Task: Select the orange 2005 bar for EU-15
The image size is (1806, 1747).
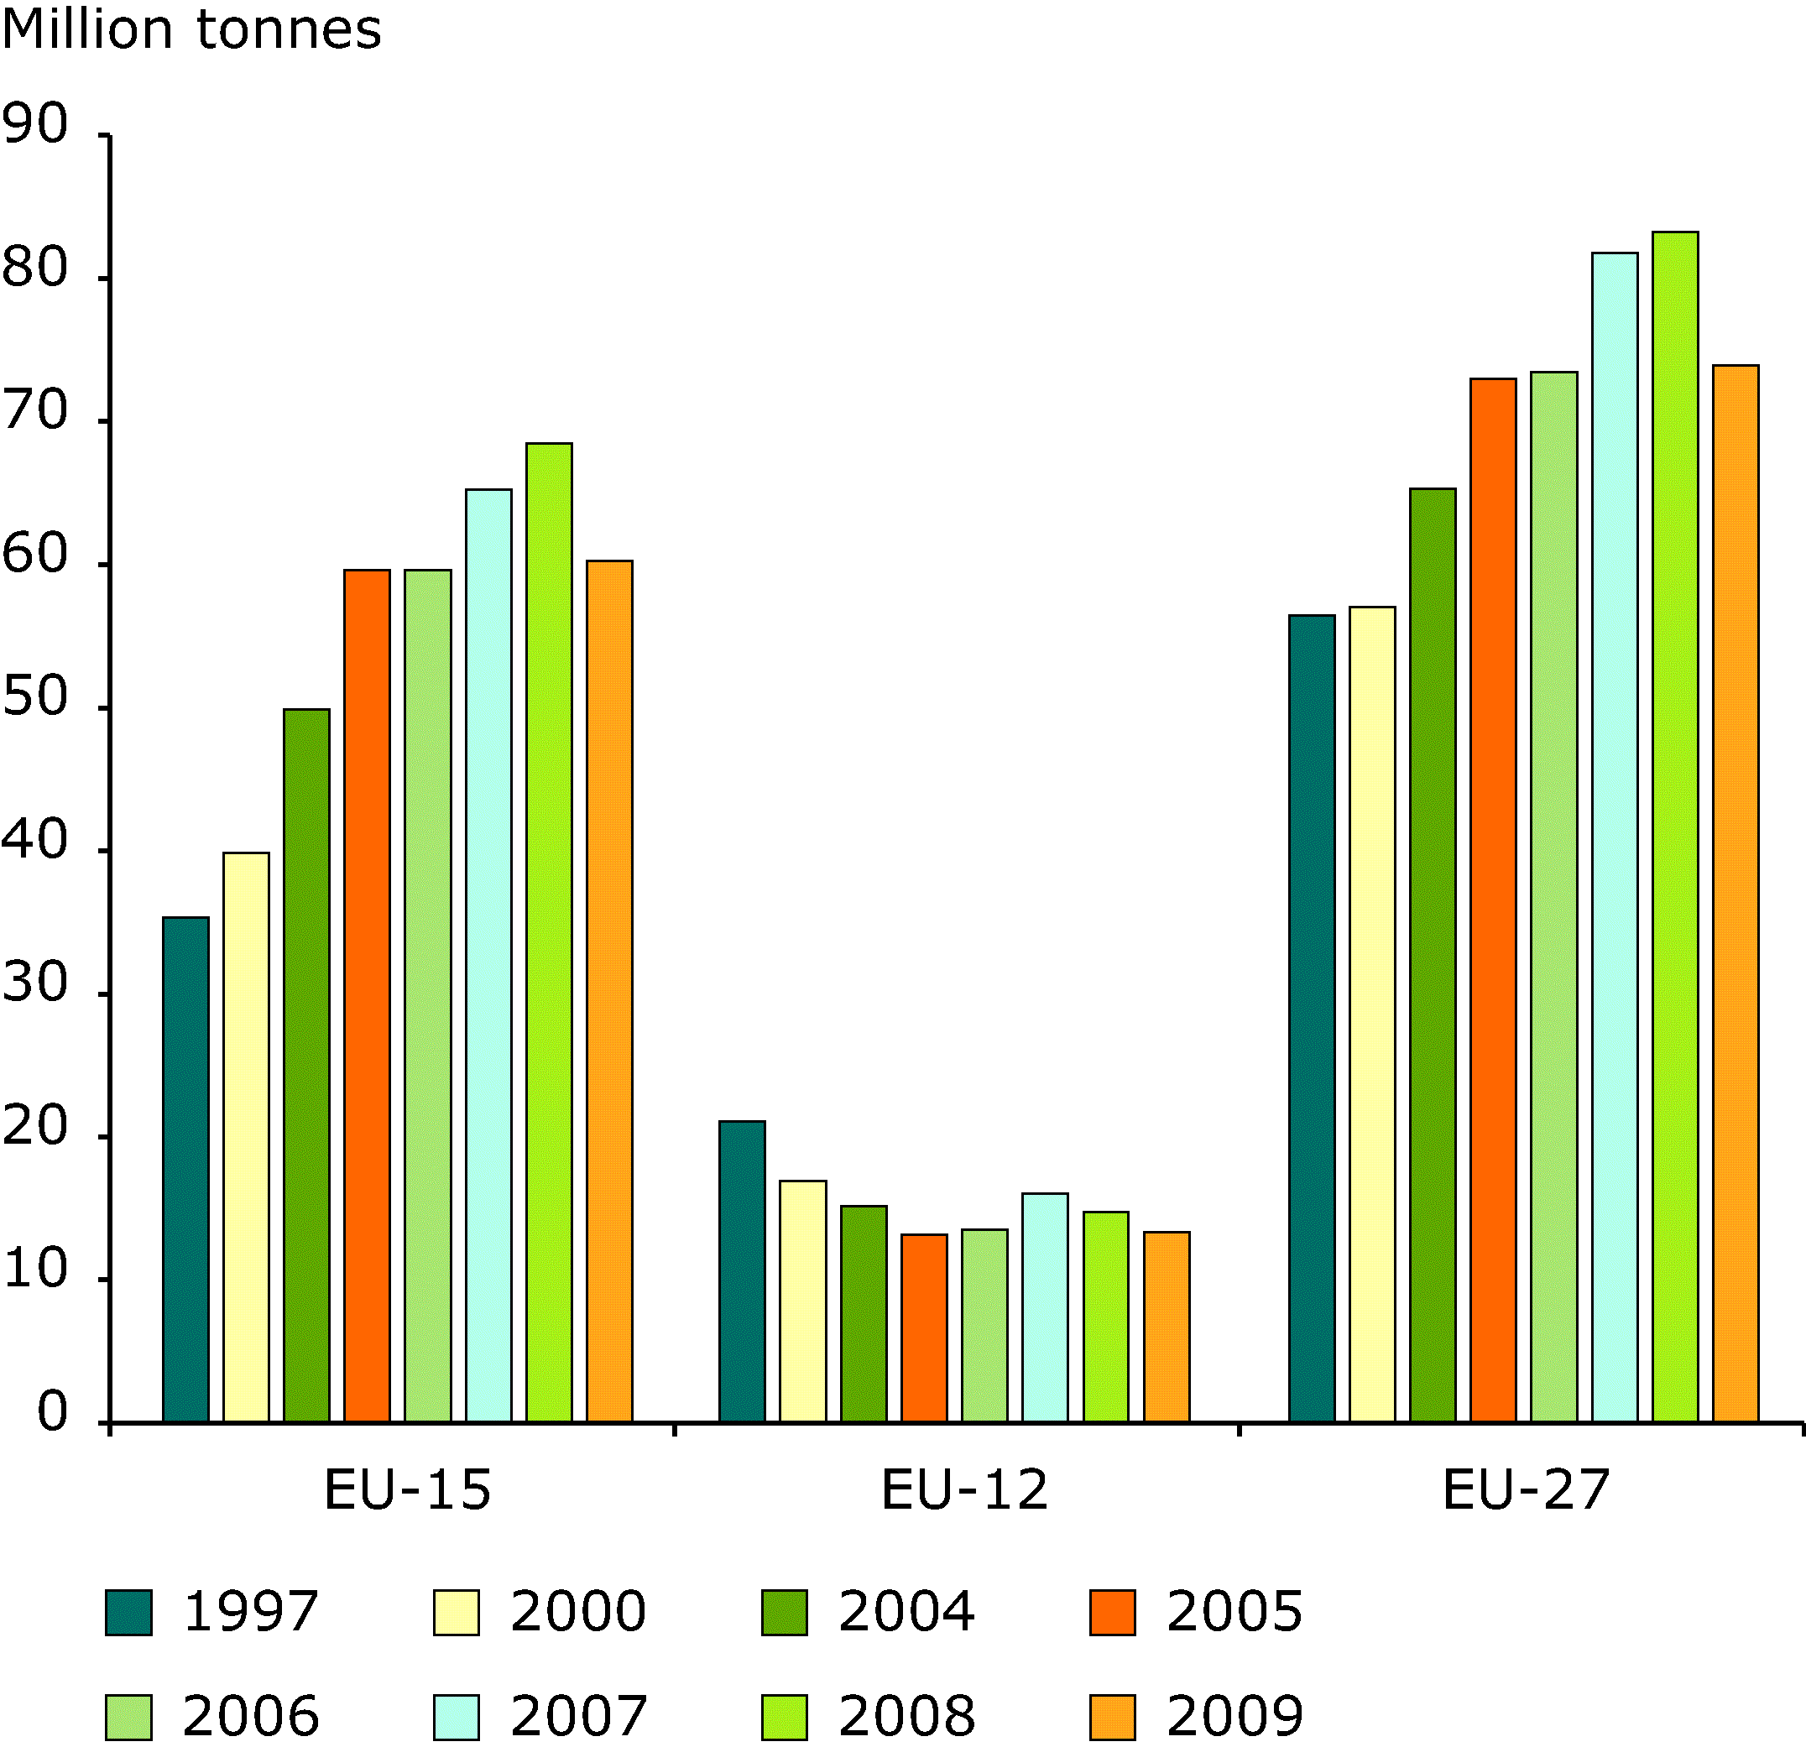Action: (367, 995)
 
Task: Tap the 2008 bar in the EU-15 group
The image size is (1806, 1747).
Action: (548, 931)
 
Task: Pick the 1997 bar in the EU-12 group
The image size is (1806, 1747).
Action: (742, 1270)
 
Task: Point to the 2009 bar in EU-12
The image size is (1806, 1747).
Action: (1167, 1326)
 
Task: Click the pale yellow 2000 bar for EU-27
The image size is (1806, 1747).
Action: (1372, 1014)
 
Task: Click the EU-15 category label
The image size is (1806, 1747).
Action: (407, 1489)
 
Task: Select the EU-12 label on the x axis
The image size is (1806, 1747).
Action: (965, 1489)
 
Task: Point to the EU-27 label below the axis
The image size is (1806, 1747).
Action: (1526, 1489)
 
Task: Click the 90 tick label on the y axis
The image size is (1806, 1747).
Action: (35, 124)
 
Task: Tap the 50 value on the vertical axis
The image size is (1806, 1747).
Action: (35, 697)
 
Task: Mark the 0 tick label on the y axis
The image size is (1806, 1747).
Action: (51, 1411)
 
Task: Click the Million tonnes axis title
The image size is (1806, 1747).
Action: (191, 29)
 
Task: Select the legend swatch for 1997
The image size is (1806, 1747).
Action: (128, 1612)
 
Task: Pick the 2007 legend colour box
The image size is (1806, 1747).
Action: (456, 1716)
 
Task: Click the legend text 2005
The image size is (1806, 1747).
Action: (1234, 1612)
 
